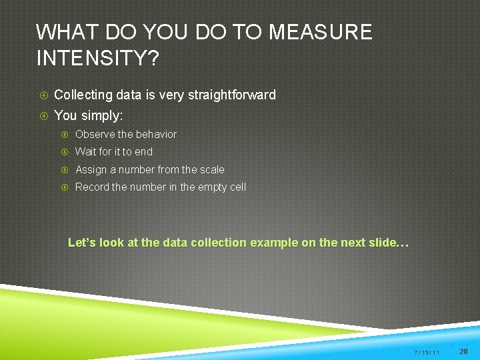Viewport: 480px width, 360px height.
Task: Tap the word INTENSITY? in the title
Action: point(97,59)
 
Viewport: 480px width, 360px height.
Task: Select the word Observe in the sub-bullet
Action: point(95,134)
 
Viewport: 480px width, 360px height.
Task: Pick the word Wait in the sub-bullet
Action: point(86,151)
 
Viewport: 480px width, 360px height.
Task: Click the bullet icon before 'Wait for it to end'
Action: point(65,151)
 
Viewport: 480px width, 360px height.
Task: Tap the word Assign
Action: point(91,169)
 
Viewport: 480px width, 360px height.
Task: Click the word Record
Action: point(92,187)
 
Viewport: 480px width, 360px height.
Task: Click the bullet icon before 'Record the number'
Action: point(65,187)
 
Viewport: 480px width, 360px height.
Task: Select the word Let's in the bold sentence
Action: point(82,243)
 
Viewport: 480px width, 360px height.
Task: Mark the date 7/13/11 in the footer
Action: point(426,351)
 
